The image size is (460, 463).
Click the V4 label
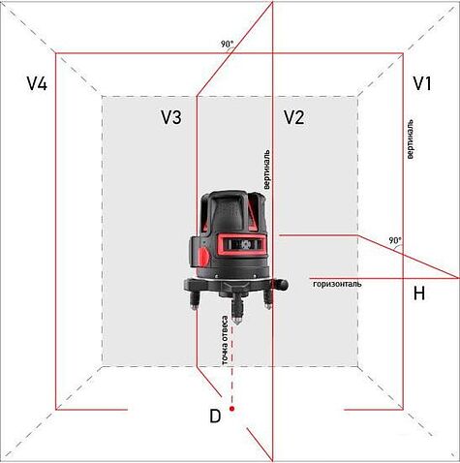pos(37,84)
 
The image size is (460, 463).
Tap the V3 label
pos(171,117)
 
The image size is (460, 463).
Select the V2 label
pos(294,117)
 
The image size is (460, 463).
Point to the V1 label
pos(422,84)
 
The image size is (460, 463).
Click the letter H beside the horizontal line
pos(418,293)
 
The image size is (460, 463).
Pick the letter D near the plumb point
pos(215,417)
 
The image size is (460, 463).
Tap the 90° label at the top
pos(227,44)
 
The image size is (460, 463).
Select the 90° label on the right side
pos(394,240)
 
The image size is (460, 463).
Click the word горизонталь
pos(337,284)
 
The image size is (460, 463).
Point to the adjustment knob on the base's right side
pos(284,283)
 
